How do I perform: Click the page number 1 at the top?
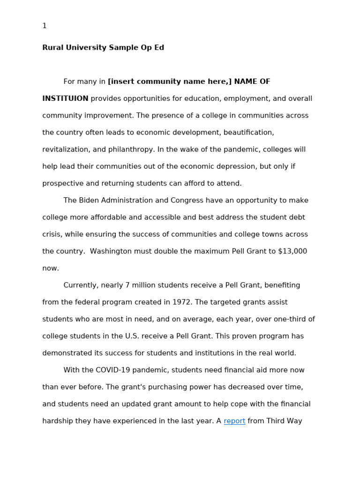click(x=45, y=26)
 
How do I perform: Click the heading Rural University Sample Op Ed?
click(x=103, y=48)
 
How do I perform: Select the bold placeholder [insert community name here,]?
click(x=170, y=82)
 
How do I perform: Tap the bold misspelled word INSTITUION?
click(x=65, y=98)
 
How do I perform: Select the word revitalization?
click(x=67, y=150)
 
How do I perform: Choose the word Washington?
click(x=111, y=251)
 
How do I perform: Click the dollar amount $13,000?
click(x=292, y=251)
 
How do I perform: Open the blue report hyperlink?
click(x=234, y=421)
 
